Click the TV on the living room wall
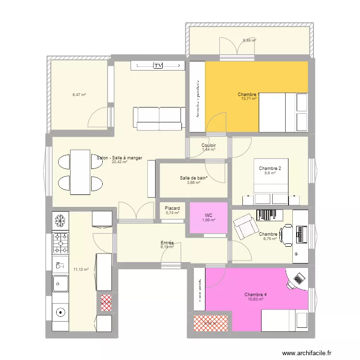(x=157, y=65)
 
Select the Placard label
(x=172, y=208)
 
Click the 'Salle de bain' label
(x=193, y=178)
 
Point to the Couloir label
(x=208, y=145)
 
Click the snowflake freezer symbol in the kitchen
(x=60, y=221)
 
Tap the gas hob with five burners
(x=60, y=243)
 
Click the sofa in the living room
(x=159, y=119)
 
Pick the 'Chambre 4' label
(x=255, y=295)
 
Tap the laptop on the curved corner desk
(x=299, y=278)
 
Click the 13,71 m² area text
(x=249, y=99)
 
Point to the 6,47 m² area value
(x=79, y=95)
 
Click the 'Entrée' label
(x=167, y=243)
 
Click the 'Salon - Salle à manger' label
(x=120, y=158)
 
